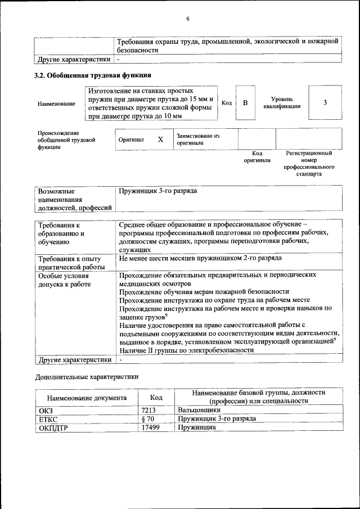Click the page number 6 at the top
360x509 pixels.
(188, 19)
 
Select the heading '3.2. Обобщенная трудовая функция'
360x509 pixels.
(93, 75)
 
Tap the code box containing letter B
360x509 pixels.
(245, 103)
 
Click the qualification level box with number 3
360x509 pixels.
(325, 103)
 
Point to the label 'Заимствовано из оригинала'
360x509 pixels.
(197, 139)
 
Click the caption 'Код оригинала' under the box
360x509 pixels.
(256, 156)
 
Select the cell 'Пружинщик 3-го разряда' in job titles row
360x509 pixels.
(158, 192)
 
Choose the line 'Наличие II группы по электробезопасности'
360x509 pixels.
(186, 350)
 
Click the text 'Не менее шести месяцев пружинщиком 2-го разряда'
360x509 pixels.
(200, 258)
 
